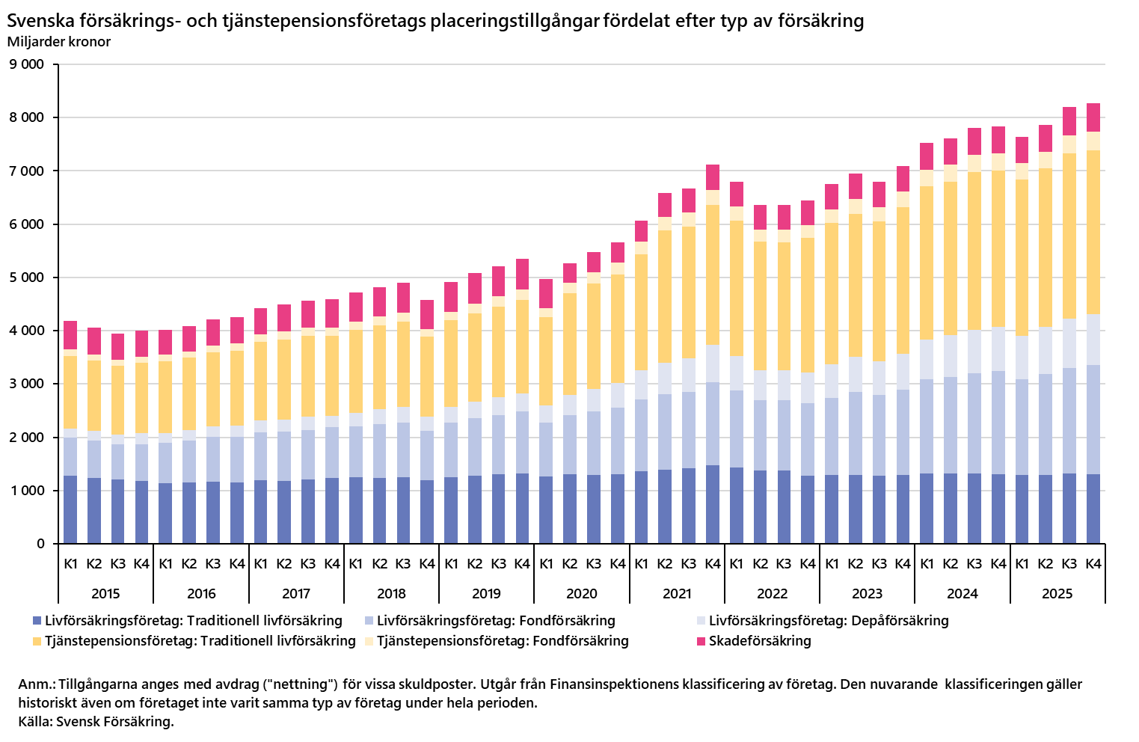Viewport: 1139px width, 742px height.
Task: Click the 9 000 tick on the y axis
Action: pyautogui.click(x=27, y=64)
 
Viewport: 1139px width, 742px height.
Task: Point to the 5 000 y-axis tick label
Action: pyautogui.click(x=27, y=278)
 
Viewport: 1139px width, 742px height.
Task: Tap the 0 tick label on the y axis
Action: pyautogui.click(x=40, y=544)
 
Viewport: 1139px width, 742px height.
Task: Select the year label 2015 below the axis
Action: pyautogui.click(x=105, y=594)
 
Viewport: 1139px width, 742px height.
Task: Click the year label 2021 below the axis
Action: pyautogui.click(x=677, y=594)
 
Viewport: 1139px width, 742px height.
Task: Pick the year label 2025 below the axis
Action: pyautogui.click(x=1057, y=594)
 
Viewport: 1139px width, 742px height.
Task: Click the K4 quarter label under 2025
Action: pyautogui.click(x=1093, y=564)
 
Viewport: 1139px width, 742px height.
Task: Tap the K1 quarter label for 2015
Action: pyautogui.click(x=70, y=564)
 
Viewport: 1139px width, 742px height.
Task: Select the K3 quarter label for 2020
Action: pyautogui.click(x=594, y=564)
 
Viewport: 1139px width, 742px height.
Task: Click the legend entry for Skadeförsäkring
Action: pyautogui.click(x=760, y=641)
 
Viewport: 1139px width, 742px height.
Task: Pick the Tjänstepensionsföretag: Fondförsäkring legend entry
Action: pyautogui.click(x=503, y=641)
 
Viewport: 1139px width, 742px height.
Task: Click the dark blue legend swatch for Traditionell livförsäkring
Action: pyautogui.click(x=37, y=621)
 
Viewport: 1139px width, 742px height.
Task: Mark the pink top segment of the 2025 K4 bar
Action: pyautogui.click(x=1093, y=117)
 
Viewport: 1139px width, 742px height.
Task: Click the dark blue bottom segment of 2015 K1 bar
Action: pyautogui.click(x=70, y=509)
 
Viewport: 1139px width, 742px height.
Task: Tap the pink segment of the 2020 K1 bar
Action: pyautogui.click(x=546, y=293)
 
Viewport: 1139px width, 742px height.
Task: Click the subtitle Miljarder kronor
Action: pyautogui.click(x=59, y=42)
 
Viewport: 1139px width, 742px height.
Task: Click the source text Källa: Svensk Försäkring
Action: pyautogui.click(x=96, y=722)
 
